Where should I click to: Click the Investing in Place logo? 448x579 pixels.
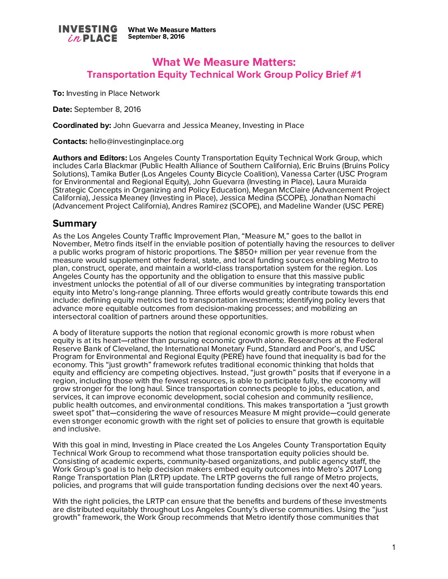click(88, 34)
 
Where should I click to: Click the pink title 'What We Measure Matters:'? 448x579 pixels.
click(224, 62)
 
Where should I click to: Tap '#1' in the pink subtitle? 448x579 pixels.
click(355, 75)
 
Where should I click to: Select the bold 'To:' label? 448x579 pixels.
click(58, 93)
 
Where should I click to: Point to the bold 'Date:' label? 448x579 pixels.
click(62, 109)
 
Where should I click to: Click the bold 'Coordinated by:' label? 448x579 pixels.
click(82, 125)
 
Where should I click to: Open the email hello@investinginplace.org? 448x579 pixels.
click(136, 141)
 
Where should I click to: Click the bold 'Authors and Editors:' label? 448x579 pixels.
click(90, 158)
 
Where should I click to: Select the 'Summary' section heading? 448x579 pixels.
click(75, 223)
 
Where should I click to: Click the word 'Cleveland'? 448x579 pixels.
click(130, 349)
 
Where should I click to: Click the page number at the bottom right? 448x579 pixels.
click(394, 547)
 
